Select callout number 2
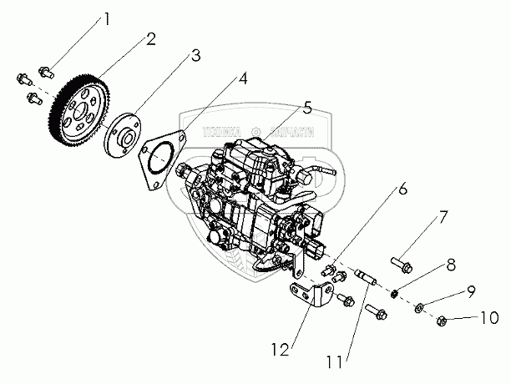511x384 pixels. [151, 38]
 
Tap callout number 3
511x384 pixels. [195, 56]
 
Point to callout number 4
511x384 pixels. [242, 79]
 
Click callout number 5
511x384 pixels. [307, 108]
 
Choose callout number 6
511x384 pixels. [402, 189]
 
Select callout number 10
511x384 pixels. [489, 318]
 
